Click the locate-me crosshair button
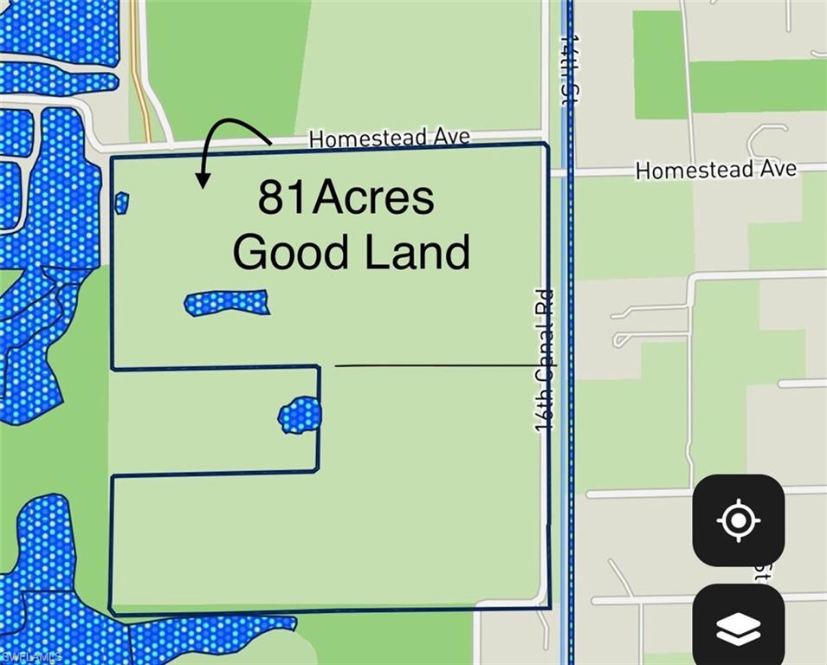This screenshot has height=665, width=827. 738,520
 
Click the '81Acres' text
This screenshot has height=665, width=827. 346,197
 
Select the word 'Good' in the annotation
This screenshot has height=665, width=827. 290,252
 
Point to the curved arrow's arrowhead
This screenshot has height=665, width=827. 203,180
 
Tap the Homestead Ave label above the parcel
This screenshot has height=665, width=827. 389,138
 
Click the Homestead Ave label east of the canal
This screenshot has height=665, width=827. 715,170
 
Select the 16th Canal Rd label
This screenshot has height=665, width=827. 544,360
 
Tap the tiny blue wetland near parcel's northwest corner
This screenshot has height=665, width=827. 121,203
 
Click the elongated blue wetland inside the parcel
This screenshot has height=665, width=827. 227,302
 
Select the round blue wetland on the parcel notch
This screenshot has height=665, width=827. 300,415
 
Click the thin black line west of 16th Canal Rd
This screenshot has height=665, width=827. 433,365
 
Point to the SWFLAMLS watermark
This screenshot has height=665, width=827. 31,657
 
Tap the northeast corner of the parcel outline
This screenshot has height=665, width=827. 546,145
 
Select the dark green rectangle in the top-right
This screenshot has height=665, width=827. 660,65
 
